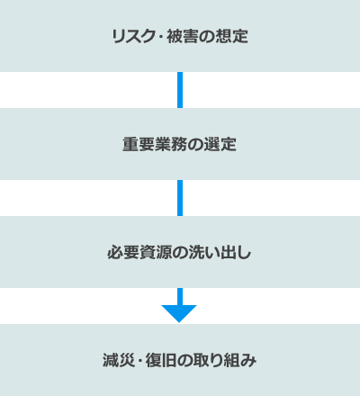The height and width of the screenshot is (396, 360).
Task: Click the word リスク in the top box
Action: [133, 36]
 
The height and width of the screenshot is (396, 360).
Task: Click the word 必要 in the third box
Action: [123, 252]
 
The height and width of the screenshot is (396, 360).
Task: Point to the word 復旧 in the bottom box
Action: [161, 360]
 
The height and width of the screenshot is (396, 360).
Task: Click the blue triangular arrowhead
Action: [179, 313]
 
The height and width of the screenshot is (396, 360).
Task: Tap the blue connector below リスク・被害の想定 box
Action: [180, 90]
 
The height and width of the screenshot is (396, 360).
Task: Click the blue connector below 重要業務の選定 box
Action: [180, 198]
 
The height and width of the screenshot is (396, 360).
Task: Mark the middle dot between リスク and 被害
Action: [160, 37]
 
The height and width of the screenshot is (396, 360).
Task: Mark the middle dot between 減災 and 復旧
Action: [139, 361]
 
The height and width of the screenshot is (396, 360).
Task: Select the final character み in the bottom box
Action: [248, 360]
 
